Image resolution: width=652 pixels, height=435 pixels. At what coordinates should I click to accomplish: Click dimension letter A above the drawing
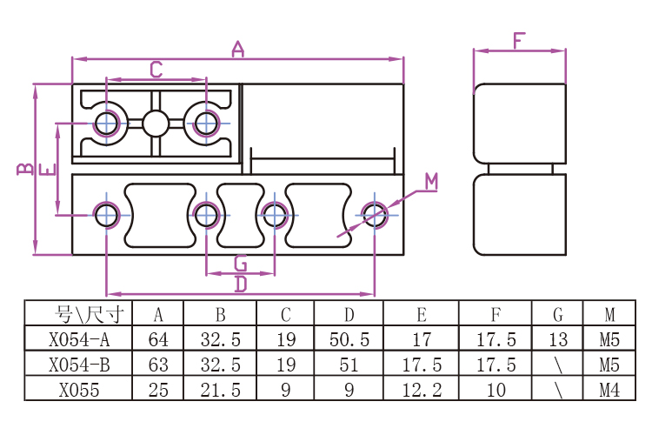coord(238,49)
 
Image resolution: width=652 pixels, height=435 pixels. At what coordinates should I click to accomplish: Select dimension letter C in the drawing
coord(156,70)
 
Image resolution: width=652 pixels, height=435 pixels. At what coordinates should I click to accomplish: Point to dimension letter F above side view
coord(519,41)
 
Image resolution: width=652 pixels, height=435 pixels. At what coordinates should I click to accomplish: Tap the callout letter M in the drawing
coord(431,182)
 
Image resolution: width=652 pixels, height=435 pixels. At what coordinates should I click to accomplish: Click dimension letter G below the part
coord(241,264)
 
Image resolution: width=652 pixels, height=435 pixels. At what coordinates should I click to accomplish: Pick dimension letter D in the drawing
coord(241,284)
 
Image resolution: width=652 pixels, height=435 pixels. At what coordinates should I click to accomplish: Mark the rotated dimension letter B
coord(25,169)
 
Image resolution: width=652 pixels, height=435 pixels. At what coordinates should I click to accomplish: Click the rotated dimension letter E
coord(48,170)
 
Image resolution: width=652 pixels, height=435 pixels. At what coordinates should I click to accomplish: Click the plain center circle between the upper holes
coord(156,124)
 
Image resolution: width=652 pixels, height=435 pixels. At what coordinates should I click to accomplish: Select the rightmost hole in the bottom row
coord(375,215)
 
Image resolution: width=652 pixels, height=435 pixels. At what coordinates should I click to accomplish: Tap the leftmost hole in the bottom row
coord(107,215)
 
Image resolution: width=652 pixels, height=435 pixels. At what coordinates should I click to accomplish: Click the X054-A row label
coord(79,339)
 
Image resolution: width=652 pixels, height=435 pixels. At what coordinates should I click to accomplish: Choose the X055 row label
coord(79,390)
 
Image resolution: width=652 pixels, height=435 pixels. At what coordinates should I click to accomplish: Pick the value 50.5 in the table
coord(349,339)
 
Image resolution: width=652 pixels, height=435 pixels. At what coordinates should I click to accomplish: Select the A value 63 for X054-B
coord(158,365)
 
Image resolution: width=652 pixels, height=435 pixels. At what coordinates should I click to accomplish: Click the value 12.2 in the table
coord(422,390)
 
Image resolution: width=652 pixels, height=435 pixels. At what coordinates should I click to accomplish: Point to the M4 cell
coord(609,390)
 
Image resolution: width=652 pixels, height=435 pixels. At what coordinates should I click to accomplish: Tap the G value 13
coord(558,339)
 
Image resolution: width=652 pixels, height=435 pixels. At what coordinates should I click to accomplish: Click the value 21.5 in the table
coord(221,390)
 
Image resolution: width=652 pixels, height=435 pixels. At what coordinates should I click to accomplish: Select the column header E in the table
coord(422,315)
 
